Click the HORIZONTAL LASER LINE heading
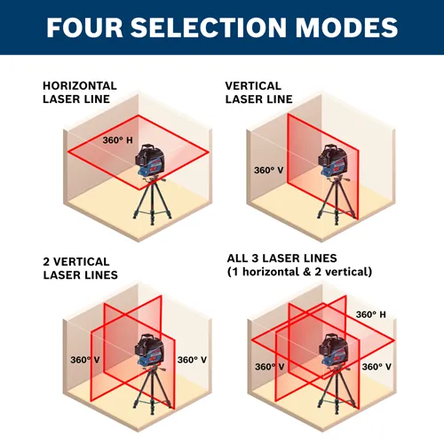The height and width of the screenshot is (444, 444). point(79,92)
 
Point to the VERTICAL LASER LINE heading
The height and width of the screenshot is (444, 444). point(260,92)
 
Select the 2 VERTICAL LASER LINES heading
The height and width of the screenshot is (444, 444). point(76,268)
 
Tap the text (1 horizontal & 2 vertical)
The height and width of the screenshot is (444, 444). point(299,271)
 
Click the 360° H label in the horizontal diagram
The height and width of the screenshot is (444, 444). point(117,140)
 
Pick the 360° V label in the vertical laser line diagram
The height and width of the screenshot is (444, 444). point(269,170)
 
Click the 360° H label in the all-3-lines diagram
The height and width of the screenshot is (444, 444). point(371,314)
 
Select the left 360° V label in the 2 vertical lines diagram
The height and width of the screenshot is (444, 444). point(85,360)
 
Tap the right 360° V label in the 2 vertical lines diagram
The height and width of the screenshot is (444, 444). point(192,360)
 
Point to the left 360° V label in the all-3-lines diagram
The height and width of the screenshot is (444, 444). point(269,366)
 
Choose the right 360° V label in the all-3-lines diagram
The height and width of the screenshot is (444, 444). point(377,366)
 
